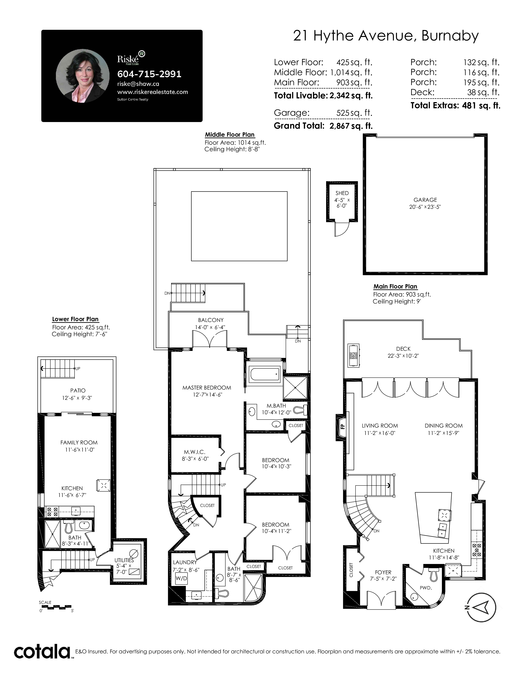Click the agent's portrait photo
(x=83, y=76)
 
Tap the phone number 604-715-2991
(x=149, y=74)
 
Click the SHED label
(x=342, y=193)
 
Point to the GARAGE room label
(x=425, y=200)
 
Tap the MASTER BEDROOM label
(x=207, y=388)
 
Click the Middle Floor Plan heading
(x=230, y=135)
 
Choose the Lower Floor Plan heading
(x=75, y=319)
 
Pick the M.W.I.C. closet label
(x=194, y=452)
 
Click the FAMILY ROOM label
(x=79, y=443)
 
